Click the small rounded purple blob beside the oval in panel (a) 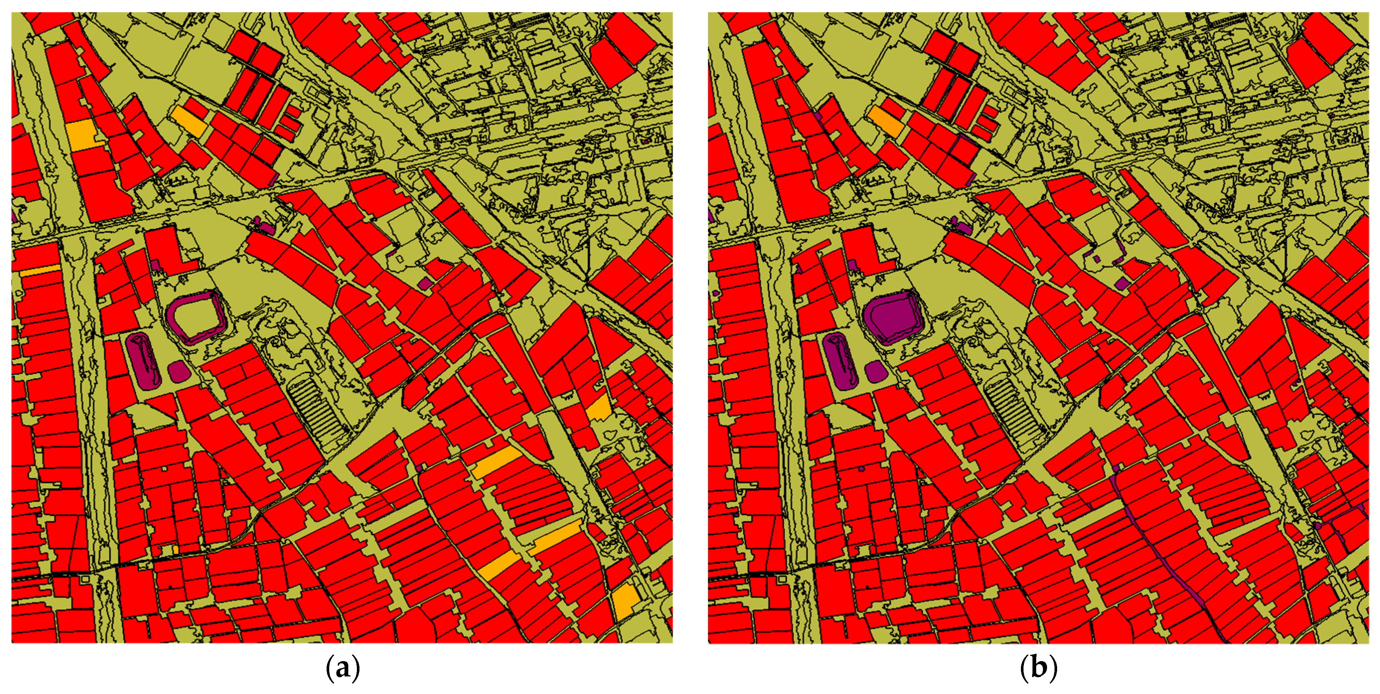click(178, 371)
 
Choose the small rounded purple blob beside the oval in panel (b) click(875, 371)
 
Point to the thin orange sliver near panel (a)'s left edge click(40, 271)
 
